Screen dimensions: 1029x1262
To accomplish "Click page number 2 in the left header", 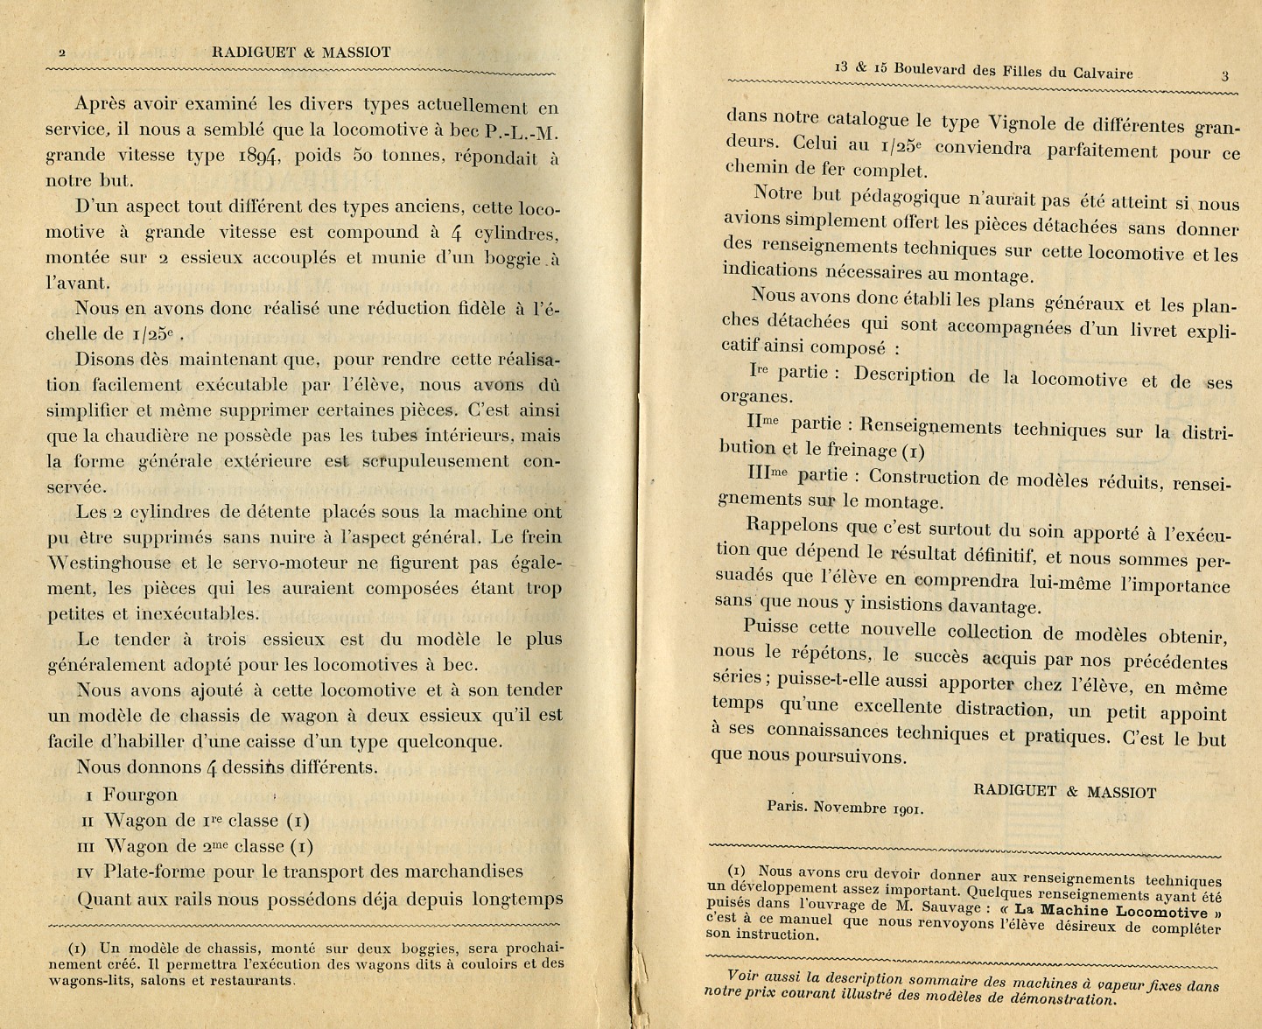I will pos(62,52).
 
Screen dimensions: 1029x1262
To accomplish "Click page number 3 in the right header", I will pos(1224,76).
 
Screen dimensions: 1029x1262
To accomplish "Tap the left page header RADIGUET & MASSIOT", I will pos(301,52).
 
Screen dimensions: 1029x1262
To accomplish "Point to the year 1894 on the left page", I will pos(257,157).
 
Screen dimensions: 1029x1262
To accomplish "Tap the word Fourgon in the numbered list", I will pos(140,795).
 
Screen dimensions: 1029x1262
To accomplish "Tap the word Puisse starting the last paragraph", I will pos(771,626).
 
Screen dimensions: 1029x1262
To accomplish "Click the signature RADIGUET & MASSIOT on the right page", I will pos(1064,792).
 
